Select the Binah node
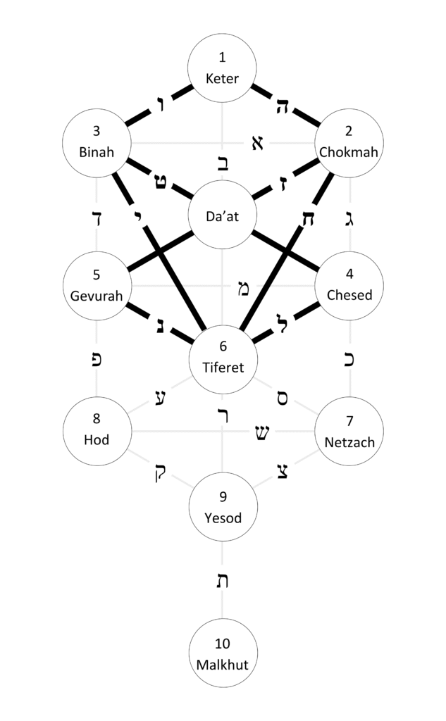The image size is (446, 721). [97, 143]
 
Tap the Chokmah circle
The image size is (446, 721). [349, 143]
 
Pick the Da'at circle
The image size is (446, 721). [223, 215]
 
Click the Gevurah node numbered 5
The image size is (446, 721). [97, 287]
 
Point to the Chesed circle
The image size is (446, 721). [349, 287]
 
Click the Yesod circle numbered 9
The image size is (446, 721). [223, 506]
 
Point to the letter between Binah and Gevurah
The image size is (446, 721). [97, 217]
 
